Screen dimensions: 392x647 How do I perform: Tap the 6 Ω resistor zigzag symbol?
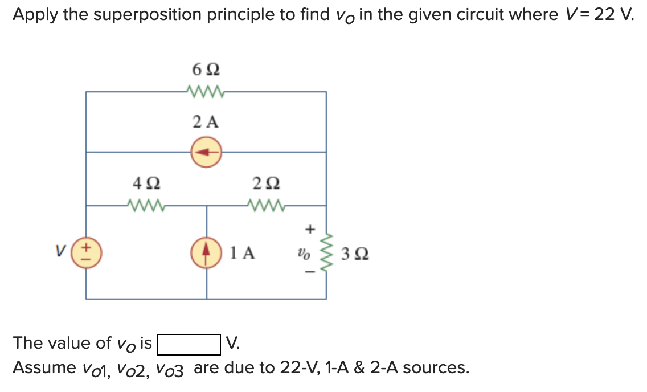click(x=206, y=91)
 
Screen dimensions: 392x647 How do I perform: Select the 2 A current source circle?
click(x=206, y=152)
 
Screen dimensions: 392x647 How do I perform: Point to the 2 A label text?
click(x=206, y=121)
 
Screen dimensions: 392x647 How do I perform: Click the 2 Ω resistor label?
click(x=265, y=184)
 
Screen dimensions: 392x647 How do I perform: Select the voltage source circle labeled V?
click(x=86, y=252)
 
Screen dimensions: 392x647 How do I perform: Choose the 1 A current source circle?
click(x=206, y=252)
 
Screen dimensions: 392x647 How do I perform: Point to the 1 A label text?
click(x=243, y=252)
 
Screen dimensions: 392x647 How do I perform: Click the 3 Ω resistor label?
click(x=355, y=253)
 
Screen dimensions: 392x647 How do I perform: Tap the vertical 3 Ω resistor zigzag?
click(x=326, y=252)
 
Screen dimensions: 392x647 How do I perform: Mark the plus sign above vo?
click(x=310, y=230)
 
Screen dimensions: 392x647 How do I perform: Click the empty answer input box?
click(x=189, y=344)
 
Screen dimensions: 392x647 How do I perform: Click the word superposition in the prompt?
click(x=148, y=15)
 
